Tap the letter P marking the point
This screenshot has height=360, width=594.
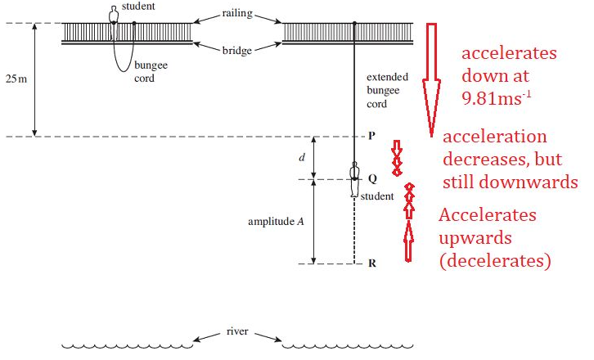(371, 137)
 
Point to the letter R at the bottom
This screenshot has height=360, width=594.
(371, 263)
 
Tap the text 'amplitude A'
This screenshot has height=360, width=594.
(274, 222)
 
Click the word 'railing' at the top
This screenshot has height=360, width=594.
(237, 13)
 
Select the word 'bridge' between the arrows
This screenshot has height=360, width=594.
(237, 50)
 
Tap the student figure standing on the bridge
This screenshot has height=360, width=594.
(114, 15)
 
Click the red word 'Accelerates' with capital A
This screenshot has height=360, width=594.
(488, 215)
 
